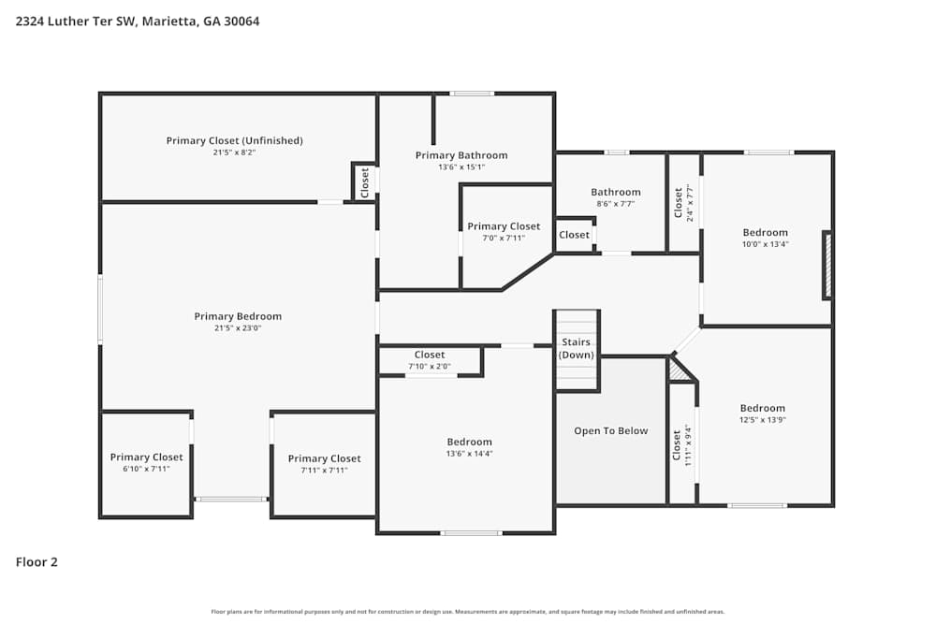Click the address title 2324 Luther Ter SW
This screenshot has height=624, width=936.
pos(138,21)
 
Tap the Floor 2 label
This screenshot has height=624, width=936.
pos(37,562)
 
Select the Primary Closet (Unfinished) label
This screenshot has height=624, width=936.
pos(234,140)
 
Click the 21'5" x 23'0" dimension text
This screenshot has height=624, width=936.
pos(238,328)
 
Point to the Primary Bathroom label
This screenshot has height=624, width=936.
pos(461,155)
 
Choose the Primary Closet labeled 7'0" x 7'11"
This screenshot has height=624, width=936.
pos(504,226)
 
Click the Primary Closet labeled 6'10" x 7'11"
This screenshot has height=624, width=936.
pos(146,457)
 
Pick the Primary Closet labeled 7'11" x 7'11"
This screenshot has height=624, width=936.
pos(324,458)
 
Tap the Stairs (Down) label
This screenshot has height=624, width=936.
pos(577,349)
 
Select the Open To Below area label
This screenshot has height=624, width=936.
pos(610,431)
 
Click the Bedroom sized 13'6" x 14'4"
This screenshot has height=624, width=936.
pos(469,442)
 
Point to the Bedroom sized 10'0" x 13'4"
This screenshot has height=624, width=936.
pos(765,232)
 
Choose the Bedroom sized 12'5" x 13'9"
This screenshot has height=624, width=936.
pos(762,408)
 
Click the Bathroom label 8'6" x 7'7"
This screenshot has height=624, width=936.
pos(615,192)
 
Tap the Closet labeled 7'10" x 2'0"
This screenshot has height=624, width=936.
pos(430,356)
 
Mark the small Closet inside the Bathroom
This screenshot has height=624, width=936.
pos(574,235)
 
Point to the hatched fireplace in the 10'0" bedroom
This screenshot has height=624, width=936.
pos(826,265)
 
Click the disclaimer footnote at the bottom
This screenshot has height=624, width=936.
pos(468,612)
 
